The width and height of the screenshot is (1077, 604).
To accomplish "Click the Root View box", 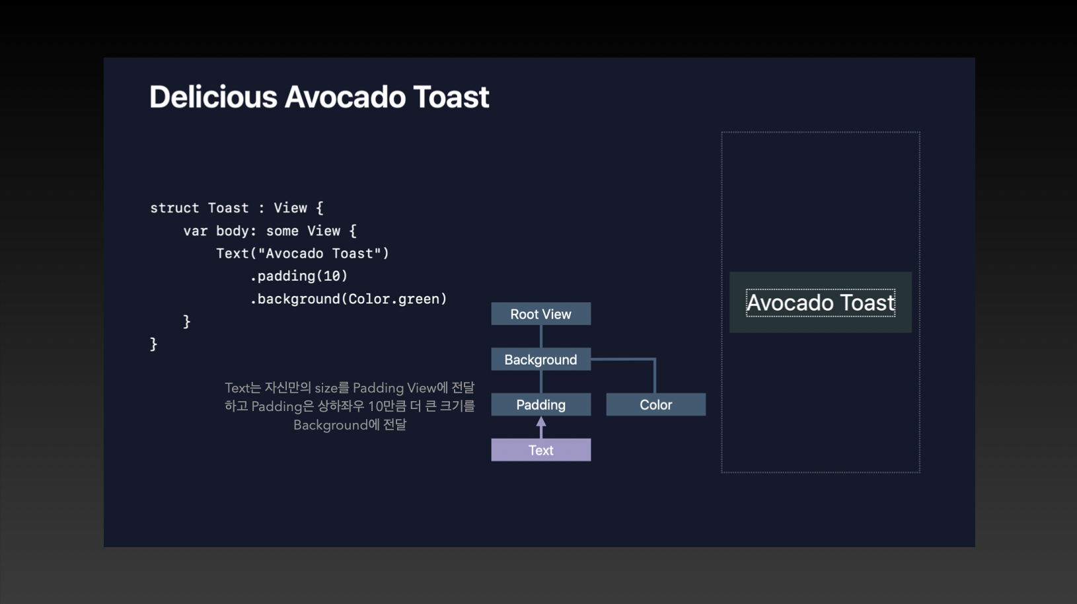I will point(540,314).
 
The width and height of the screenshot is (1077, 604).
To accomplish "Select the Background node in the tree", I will point(540,359).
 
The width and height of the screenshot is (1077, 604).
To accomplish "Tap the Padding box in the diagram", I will point(540,404).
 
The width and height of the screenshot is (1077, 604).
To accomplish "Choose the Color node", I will point(655,404).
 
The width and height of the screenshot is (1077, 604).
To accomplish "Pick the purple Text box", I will point(540,450).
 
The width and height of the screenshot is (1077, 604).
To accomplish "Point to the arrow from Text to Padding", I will point(541,427).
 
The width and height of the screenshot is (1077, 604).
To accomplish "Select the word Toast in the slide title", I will point(451,97).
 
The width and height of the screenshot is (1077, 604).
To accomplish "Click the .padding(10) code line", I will point(299,276).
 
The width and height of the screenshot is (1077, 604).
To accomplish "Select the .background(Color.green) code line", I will point(348,299).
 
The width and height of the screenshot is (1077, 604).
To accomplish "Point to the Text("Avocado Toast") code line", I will point(303,253).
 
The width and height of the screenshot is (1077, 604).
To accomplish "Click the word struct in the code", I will point(174,208).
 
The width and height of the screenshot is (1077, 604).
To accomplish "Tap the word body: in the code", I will point(236,231).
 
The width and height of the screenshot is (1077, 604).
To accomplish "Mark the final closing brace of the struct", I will point(153,344).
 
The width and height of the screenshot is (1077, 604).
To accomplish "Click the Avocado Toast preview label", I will point(820,303).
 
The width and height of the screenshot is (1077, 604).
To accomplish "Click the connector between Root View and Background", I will point(541,336).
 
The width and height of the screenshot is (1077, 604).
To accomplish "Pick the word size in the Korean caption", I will point(326,388).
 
